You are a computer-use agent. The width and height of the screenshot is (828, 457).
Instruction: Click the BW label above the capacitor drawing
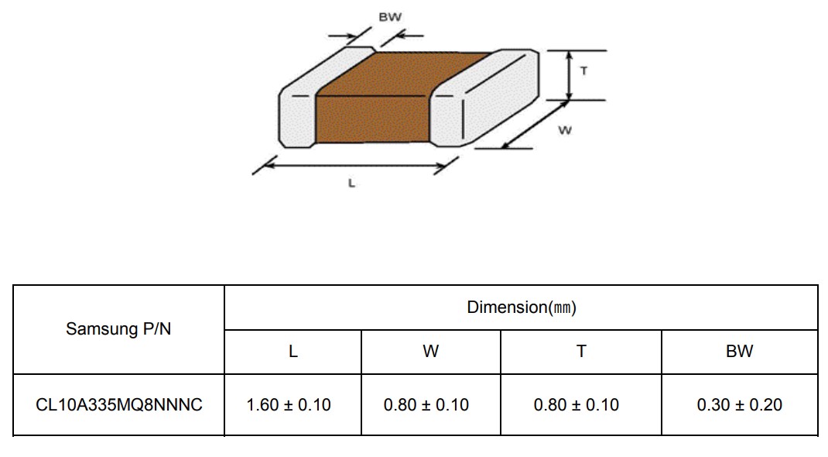click(x=390, y=17)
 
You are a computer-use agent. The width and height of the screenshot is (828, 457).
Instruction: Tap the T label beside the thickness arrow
click(x=583, y=70)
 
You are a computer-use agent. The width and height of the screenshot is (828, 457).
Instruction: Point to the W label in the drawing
click(x=564, y=130)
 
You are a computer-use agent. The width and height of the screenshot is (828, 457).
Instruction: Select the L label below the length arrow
click(x=351, y=184)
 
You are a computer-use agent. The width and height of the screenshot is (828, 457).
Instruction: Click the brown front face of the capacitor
click(x=372, y=119)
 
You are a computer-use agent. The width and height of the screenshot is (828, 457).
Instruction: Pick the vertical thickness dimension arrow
click(x=569, y=75)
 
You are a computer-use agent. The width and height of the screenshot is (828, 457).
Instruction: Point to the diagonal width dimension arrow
click(x=535, y=125)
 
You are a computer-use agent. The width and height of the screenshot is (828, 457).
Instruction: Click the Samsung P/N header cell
click(x=118, y=328)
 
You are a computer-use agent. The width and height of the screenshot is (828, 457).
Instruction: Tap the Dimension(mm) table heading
click(x=522, y=307)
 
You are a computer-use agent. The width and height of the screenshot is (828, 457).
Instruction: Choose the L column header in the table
click(x=293, y=352)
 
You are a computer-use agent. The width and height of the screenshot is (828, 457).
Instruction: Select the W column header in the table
click(x=430, y=352)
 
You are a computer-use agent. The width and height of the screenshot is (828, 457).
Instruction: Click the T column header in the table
click(x=581, y=352)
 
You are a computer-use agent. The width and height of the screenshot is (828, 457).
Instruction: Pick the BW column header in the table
click(x=739, y=352)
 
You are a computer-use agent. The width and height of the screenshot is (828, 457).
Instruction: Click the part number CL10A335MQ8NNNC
click(x=119, y=404)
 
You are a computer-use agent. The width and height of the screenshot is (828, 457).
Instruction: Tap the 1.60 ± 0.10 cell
click(x=289, y=404)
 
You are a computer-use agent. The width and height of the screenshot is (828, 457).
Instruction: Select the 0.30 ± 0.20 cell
click(x=739, y=404)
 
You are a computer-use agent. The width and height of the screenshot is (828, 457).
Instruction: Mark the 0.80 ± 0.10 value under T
click(x=576, y=404)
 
